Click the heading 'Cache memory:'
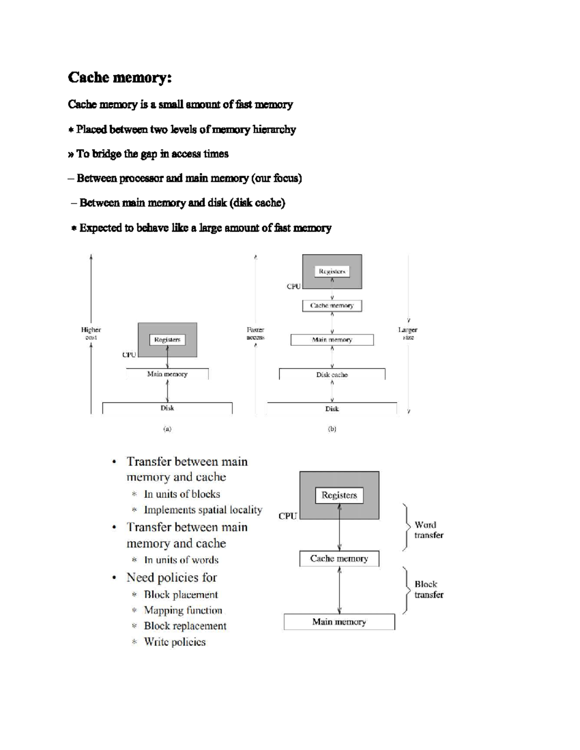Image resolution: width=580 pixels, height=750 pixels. tap(120, 78)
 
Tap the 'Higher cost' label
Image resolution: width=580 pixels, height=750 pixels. tap(91, 334)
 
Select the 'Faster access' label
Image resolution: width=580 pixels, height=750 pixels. tap(255, 334)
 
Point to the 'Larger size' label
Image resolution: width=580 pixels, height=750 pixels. tap(407, 334)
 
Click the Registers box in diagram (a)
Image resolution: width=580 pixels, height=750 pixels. tap(167, 340)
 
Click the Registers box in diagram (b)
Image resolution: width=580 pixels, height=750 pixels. tap(332, 271)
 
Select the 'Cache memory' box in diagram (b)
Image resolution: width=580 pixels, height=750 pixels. tap(332, 306)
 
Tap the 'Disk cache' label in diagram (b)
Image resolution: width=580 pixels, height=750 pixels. tap(332, 375)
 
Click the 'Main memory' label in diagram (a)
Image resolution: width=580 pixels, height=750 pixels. tap(167, 374)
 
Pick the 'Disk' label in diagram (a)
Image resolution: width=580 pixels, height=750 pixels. tap(167, 408)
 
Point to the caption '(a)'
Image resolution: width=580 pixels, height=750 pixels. tap(167, 429)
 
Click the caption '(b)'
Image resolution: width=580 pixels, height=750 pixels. tap(332, 429)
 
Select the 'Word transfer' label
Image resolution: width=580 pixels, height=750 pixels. tap(428, 530)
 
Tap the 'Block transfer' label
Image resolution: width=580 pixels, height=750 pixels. tap(428, 589)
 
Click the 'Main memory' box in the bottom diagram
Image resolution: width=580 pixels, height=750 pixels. tap(339, 622)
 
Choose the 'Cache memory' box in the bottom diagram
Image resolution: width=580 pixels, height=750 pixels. tap(339, 559)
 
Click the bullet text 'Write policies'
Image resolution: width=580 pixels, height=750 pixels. tap(174, 642)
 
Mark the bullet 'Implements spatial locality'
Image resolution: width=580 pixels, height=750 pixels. tap(203, 510)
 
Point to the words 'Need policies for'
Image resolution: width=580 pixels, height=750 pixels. tap(172, 578)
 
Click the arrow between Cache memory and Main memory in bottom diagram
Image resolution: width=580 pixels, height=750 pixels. tap(340, 590)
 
